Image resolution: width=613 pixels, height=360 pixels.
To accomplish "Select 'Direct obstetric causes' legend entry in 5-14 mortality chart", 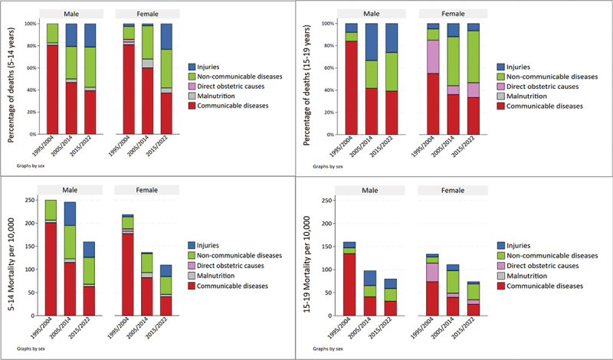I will [x=225, y=264].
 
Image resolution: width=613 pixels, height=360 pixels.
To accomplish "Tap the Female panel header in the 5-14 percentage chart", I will [x=148, y=12].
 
